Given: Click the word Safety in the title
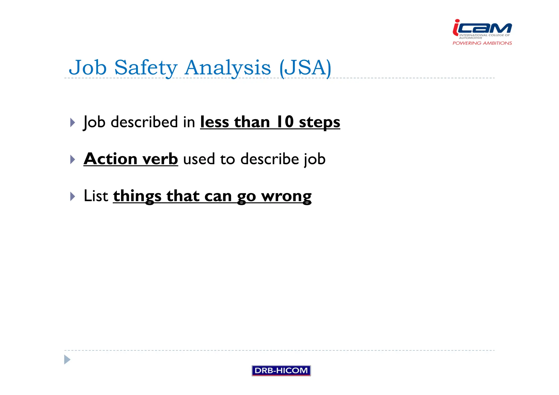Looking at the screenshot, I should coord(146,67).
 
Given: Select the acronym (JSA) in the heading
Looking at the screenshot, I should coord(305,67).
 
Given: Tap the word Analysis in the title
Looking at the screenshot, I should coord(228,67).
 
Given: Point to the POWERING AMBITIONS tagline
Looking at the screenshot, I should coord(482,43).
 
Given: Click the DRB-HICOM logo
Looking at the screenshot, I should coord(281,370).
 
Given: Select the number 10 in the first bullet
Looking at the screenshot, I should coord(285,122).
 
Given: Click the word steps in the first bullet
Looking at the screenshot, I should coord(319,122).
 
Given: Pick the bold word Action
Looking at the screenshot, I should coord(110,159).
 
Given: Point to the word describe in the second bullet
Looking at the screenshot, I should coord(269,159).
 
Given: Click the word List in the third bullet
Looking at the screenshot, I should coord(96,196).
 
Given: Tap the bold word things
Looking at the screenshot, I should coord(137,196).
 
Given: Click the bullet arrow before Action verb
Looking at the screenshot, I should coord(72,159).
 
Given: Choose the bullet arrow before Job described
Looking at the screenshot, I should coord(72,122).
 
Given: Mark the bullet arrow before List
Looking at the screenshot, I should coord(72,196).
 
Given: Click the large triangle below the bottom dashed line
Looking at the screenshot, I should coord(67,360).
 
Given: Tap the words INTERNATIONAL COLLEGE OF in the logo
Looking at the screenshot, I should coord(484,35).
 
